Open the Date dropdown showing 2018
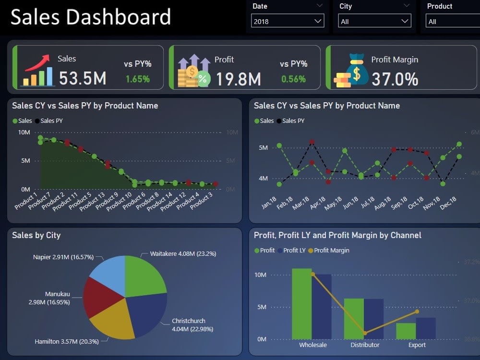pyautogui.click(x=287, y=21)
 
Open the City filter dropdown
pyautogui.click(x=374, y=21)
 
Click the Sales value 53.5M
pyautogui.click(x=83, y=78)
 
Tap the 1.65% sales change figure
pyautogui.click(x=138, y=79)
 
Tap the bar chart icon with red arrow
pyautogui.click(x=38, y=71)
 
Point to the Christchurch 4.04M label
pyautogui.click(x=192, y=325)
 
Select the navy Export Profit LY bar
pyautogui.click(x=426, y=328)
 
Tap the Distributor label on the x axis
pyautogui.click(x=365, y=345)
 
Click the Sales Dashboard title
pyautogui.click(x=91, y=17)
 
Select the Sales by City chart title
pyautogui.click(x=36, y=235)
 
